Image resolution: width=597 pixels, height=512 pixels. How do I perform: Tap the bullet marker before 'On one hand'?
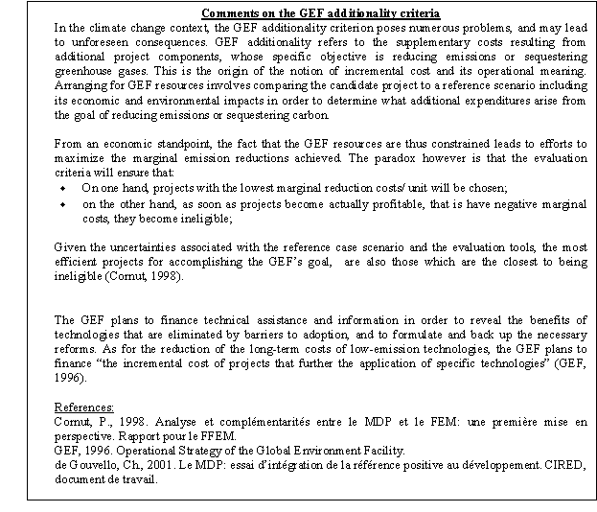tap(62, 188)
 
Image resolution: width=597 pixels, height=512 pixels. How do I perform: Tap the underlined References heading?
tap(85, 407)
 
